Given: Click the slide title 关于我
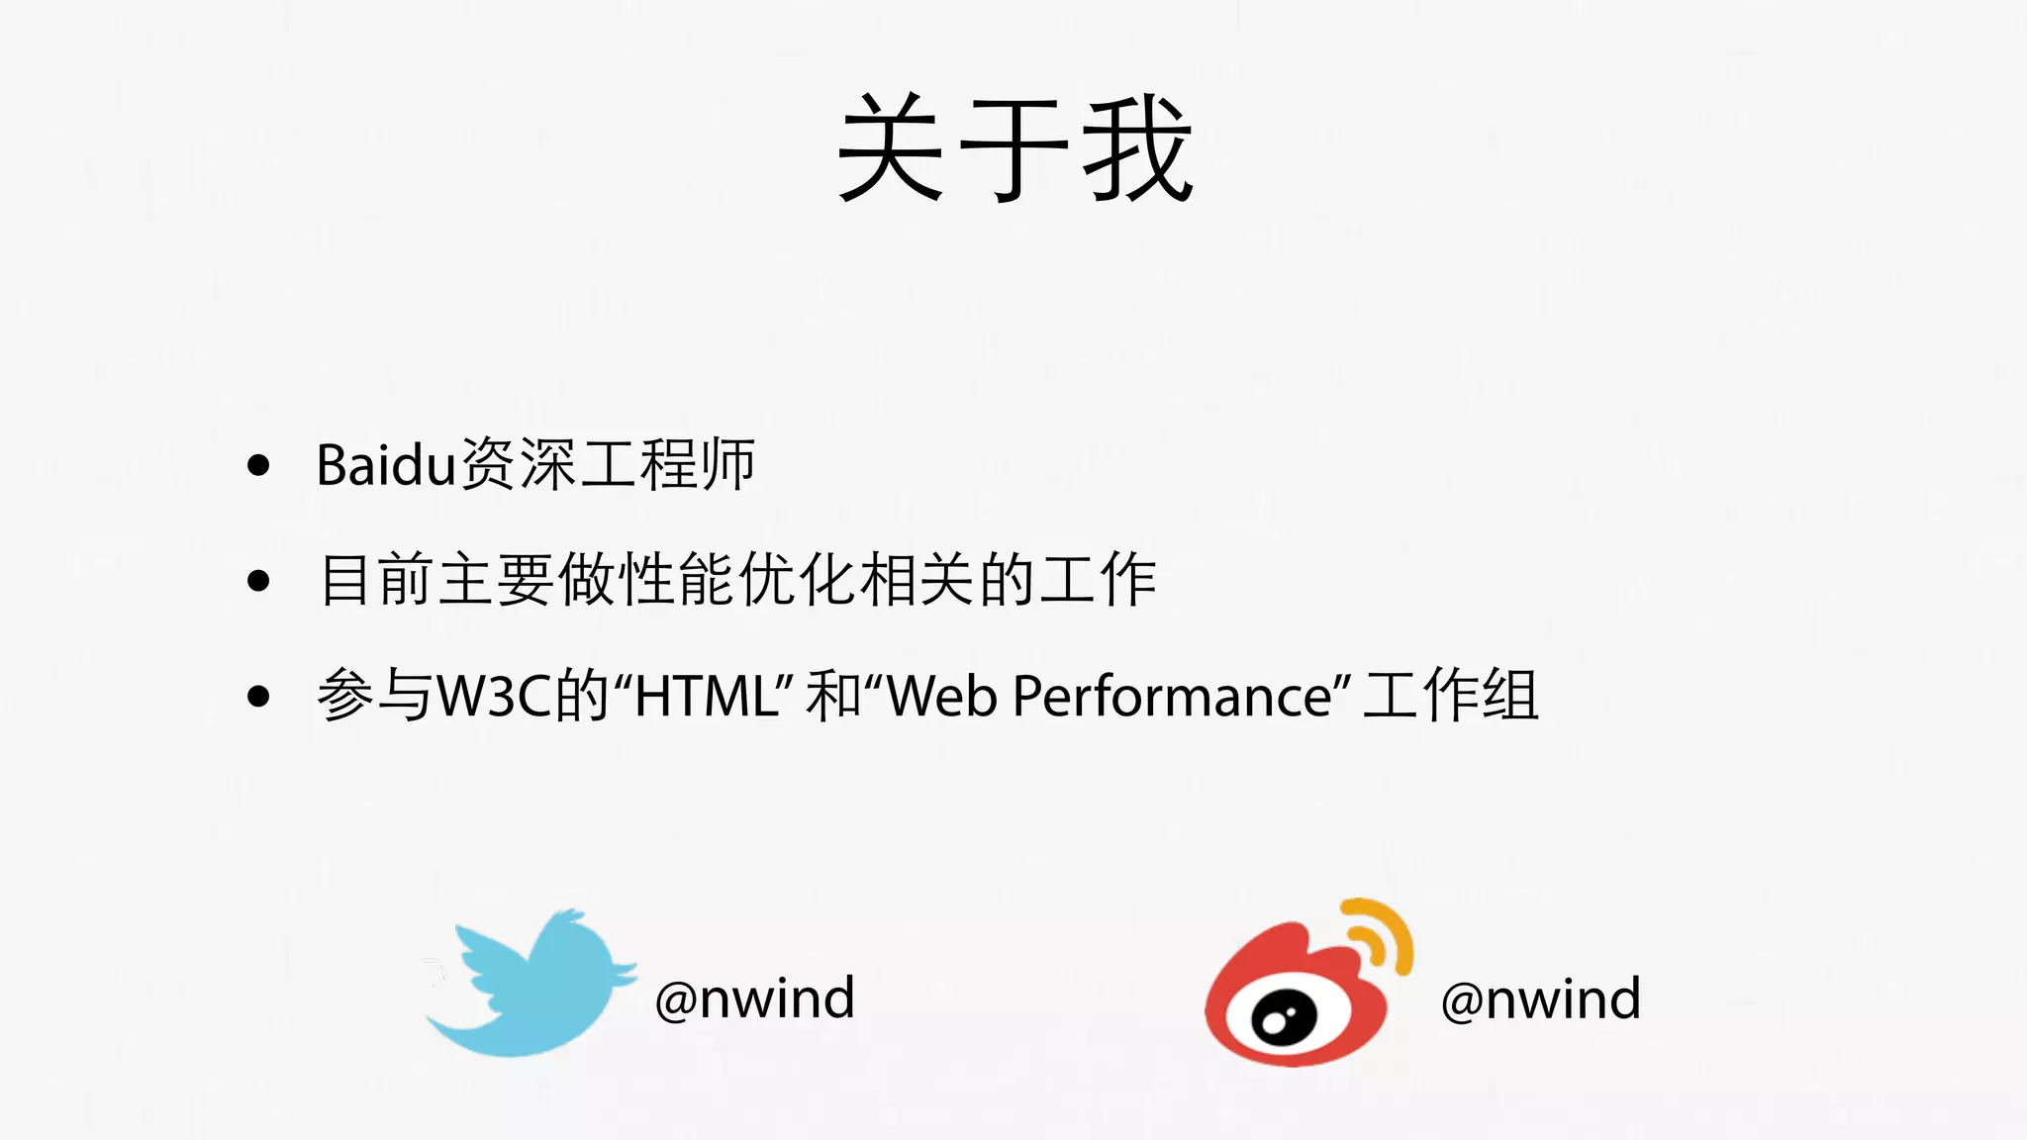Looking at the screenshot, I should click(x=1014, y=148).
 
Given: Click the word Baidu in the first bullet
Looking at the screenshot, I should click(x=385, y=464).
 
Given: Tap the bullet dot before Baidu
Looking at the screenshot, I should click(x=258, y=465).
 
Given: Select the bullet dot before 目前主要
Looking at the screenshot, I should click(x=258, y=581).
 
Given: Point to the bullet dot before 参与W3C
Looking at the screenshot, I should click(x=258, y=697).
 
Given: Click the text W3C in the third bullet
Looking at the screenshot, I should click(x=494, y=696).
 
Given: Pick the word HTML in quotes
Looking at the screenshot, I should click(x=706, y=696).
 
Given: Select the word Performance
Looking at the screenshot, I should click(x=1173, y=696).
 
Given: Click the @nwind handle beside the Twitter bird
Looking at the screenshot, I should click(x=754, y=997).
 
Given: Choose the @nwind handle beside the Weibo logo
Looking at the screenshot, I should click(x=1540, y=998).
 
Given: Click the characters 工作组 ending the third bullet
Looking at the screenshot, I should click(x=1450, y=696).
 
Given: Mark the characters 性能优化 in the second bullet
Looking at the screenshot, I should click(x=737, y=580).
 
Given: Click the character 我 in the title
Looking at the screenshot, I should click(x=1138, y=148).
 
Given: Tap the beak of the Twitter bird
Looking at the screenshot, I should click(x=627, y=970).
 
